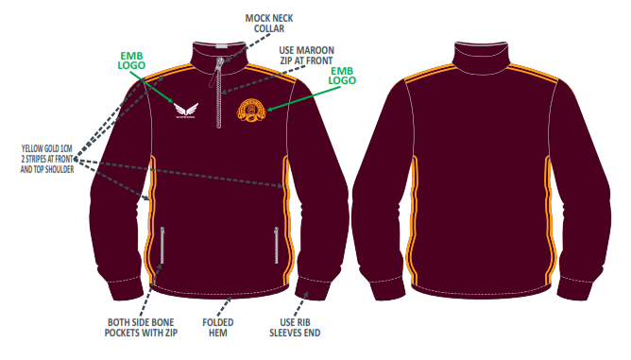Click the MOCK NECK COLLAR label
point(269,24)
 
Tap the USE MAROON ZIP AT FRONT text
point(306,56)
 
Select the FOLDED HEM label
point(217,327)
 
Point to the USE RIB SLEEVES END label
point(295,327)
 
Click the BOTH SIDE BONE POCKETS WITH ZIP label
point(141,327)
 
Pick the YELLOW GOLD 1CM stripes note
point(47,159)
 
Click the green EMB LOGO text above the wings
point(131,60)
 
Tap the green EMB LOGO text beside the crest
point(342,76)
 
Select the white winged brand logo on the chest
point(186,111)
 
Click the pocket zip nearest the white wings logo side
point(162,246)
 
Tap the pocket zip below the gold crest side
point(277,246)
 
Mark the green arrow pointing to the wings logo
point(152,87)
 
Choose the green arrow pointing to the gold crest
point(304,98)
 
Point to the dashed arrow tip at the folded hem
point(230,299)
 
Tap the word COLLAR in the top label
point(269,28)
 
